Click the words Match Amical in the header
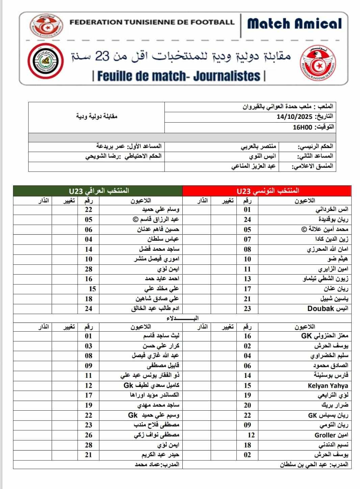click(x=294, y=24)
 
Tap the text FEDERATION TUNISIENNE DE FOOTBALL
click(x=152, y=22)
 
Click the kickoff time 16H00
click(x=302, y=127)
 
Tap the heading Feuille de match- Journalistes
click(x=179, y=76)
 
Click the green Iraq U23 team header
click(x=98, y=191)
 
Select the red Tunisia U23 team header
click(x=267, y=191)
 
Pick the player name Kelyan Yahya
click(x=328, y=386)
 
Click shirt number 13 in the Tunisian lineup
click(x=248, y=279)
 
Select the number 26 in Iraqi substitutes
click(x=88, y=435)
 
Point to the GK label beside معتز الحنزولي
click(x=306, y=336)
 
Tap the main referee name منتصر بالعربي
click(x=258, y=147)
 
